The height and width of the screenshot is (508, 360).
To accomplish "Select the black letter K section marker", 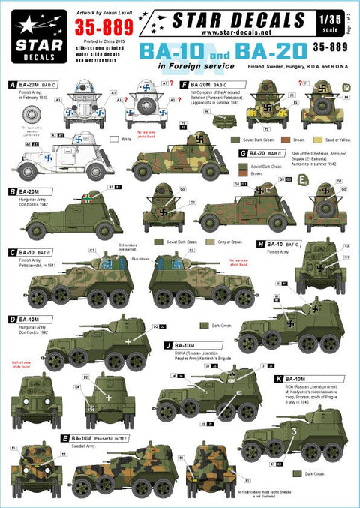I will coord(277,380).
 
